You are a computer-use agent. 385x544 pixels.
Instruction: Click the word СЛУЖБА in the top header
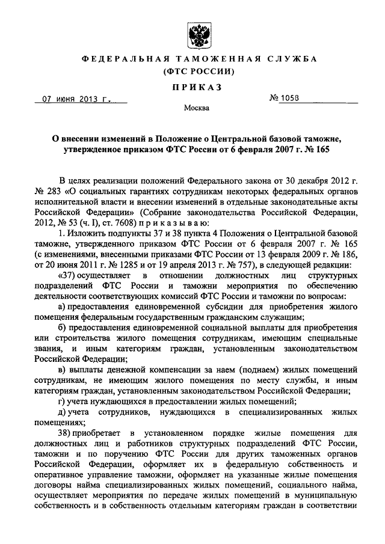click(290, 59)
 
